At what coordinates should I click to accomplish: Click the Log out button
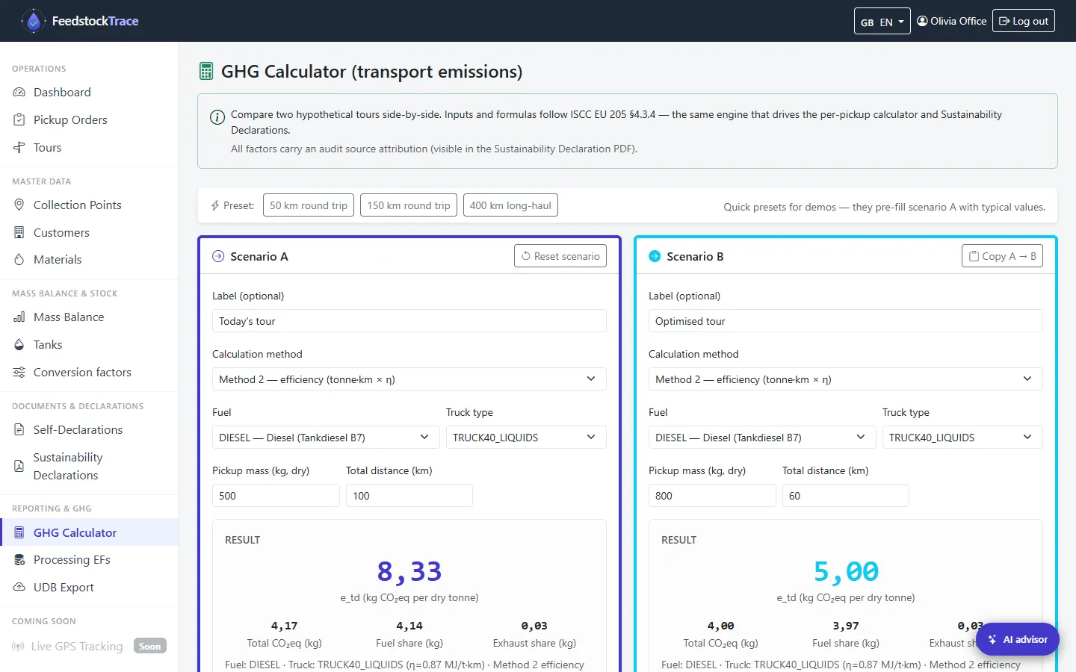(x=1023, y=21)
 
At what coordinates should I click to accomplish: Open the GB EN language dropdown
(x=882, y=21)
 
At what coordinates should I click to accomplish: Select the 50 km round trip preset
(x=309, y=205)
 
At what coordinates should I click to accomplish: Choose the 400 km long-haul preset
(x=510, y=205)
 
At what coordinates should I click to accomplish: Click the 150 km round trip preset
(x=408, y=205)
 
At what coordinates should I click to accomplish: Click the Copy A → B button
(x=1002, y=256)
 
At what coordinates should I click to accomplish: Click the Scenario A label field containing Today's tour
(x=409, y=321)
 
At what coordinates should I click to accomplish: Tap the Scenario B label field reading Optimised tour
(x=845, y=321)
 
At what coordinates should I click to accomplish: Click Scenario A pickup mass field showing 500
(x=276, y=495)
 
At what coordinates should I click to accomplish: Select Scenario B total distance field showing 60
(x=845, y=495)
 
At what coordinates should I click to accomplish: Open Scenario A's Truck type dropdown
(x=526, y=438)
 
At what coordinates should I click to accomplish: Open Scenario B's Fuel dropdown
(x=762, y=438)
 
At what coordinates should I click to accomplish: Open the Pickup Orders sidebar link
(x=70, y=119)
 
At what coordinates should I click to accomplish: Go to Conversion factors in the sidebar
(x=82, y=372)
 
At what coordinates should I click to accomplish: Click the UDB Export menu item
(x=64, y=587)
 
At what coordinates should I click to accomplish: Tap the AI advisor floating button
(x=1018, y=639)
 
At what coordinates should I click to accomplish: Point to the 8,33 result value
(x=409, y=571)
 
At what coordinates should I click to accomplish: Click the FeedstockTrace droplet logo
(x=34, y=21)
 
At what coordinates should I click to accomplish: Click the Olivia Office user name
(x=958, y=21)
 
